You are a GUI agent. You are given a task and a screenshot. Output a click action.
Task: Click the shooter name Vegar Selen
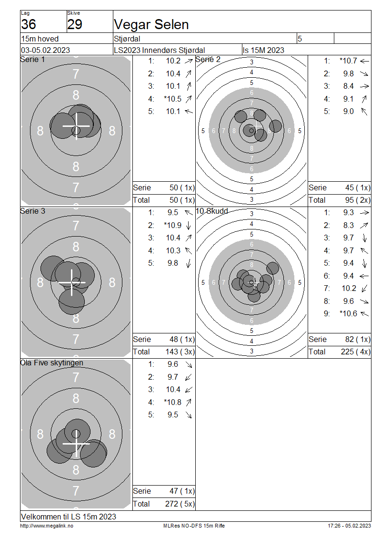pyautogui.click(x=151, y=25)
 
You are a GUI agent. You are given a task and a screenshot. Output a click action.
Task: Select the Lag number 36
pyautogui.click(x=29, y=24)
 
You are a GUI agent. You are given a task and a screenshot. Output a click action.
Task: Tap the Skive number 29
pyautogui.click(x=75, y=24)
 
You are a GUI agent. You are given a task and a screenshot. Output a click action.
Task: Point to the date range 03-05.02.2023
pyautogui.click(x=46, y=50)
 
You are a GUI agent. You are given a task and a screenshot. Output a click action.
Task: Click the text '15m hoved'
pyautogui.click(x=40, y=39)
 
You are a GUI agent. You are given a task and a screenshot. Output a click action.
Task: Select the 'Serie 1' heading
pyautogui.click(x=32, y=60)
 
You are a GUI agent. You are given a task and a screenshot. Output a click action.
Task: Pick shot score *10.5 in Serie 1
pyautogui.click(x=173, y=99)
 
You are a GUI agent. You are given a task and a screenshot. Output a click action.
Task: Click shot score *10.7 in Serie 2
pyautogui.click(x=349, y=61)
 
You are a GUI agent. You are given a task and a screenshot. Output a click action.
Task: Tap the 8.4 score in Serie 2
pyautogui.click(x=349, y=86)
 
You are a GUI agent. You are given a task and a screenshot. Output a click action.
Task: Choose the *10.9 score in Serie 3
pyautogui.click(x=173, y=226)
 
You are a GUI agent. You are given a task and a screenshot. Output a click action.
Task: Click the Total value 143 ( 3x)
pyautogui.click(x=180, y=352)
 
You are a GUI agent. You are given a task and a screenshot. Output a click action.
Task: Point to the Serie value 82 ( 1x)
pyautogui.click(x=358, y=340)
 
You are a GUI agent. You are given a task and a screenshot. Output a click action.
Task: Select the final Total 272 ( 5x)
pyautogui.click(x=180, y=504)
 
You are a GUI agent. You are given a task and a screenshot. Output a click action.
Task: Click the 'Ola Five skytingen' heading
pyautogui.click(x=52, y=363)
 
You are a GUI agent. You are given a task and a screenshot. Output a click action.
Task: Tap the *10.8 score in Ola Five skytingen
pyautogui.click(x=173, y=402)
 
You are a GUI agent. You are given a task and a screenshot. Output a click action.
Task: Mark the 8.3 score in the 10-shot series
pyautogui.click(x=349, y=226)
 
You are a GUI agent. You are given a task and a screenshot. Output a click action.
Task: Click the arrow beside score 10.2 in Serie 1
pyautogui.click(x=189, y=61)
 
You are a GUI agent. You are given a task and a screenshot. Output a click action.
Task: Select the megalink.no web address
pyautogui.click(x=47, y=526)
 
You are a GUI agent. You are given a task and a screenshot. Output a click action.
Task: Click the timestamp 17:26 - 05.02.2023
pyautogui.click(x=349, y=526)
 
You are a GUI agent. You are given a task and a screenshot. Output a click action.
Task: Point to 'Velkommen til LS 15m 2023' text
pyautogui.click(x=69, y=517)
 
